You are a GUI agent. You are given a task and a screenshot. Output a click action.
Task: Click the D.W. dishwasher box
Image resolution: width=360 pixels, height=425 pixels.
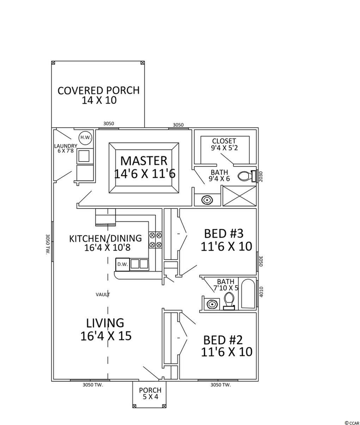tap(122, 264)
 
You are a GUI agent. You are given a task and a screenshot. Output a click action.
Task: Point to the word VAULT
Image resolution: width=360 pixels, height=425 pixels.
tap(103, 295)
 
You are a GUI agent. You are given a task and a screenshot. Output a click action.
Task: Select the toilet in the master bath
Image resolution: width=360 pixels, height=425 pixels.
tap(245, 176)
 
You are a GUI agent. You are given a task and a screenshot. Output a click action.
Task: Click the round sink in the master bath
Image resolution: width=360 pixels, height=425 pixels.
tap(207, 200)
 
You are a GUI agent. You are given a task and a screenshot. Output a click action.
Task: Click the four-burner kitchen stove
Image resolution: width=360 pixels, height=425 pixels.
tap(155, 239)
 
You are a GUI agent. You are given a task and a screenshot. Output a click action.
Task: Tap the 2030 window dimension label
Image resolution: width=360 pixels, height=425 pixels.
tap(261, 176)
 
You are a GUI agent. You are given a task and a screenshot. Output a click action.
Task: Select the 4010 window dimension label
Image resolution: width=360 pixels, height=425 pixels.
tap(261, 292)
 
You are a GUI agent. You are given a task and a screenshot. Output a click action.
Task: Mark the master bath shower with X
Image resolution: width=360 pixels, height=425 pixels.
tap(239, 196)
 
